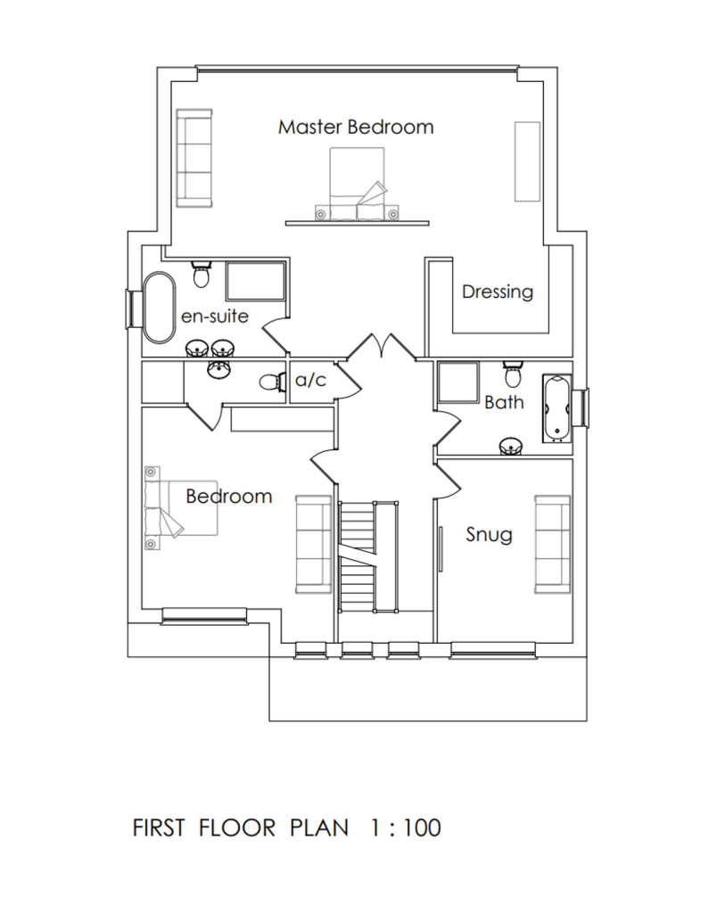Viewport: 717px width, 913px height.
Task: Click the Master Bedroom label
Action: pos(356,127)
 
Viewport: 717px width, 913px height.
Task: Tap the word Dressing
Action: pos(497,292)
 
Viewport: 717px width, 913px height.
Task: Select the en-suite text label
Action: pos(214,317)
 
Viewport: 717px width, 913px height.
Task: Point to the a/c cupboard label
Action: pos(311,381)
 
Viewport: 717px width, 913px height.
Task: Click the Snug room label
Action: pos(490,535)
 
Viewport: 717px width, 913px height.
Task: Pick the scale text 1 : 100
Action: pos(404,828)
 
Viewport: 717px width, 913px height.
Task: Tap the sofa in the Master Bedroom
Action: pos(194,156)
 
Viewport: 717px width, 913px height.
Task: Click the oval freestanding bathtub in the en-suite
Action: pos(161,307)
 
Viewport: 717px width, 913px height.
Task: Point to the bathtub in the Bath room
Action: pos(557,409)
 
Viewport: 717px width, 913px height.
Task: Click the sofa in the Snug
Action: pos(552,543)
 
